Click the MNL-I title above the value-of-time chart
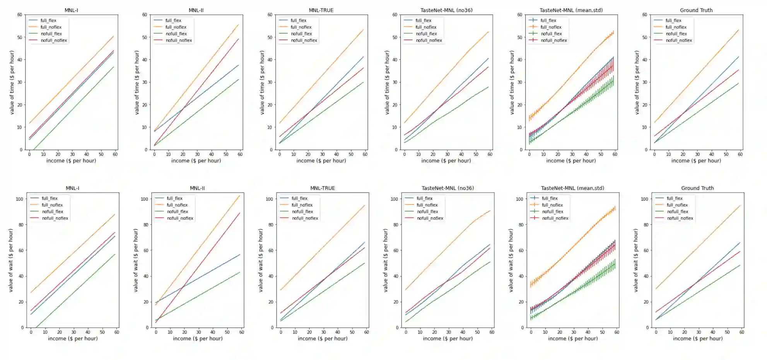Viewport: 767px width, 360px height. (71, 10)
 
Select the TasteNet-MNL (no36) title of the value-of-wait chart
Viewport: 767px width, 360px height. (448, 188)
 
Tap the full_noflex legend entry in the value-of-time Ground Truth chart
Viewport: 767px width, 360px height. (676, 27)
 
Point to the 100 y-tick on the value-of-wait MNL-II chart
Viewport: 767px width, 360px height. (144, 199)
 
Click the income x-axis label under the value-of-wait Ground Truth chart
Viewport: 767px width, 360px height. (697, 338)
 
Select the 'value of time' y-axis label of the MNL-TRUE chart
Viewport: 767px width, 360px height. (262, 82)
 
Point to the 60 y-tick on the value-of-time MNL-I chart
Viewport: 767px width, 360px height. (20, 15)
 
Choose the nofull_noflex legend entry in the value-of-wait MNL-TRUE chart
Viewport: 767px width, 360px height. (305, 218)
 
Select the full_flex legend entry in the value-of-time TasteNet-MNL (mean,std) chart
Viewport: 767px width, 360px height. (548, 20)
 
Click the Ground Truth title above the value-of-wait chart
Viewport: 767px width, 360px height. (697, 188)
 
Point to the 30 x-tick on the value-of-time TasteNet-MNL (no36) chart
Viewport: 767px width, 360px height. (447, 154)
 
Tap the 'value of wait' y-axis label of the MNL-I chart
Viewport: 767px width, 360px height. (11, 260)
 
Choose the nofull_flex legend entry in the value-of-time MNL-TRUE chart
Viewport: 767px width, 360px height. (301, 34)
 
